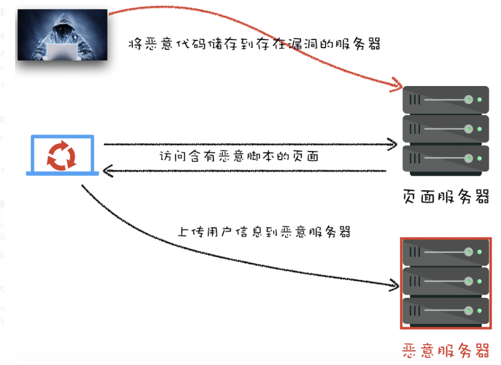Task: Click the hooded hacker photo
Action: pos(63,35)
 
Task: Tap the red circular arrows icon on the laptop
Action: pos(62,155)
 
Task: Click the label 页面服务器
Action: pos(446,197)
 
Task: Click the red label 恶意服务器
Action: pos(446,350)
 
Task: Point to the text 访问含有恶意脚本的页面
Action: pos(239,156)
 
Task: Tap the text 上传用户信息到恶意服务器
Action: pos(264,232)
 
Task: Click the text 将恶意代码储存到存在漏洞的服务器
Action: pos(254,44)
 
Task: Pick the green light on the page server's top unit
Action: pos(479,100)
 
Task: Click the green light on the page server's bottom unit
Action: pos(479,158)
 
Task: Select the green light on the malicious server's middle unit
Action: pos(479,281)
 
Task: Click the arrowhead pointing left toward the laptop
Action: pos(108,171)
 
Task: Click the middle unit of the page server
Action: pos(446,129)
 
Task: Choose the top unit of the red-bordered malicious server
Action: pos(446,252)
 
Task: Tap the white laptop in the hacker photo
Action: pos(63,51)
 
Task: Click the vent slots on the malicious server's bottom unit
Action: pos(415,311)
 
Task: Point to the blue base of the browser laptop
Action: pos(62,174)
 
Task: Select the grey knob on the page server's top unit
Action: pos(469,100)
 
